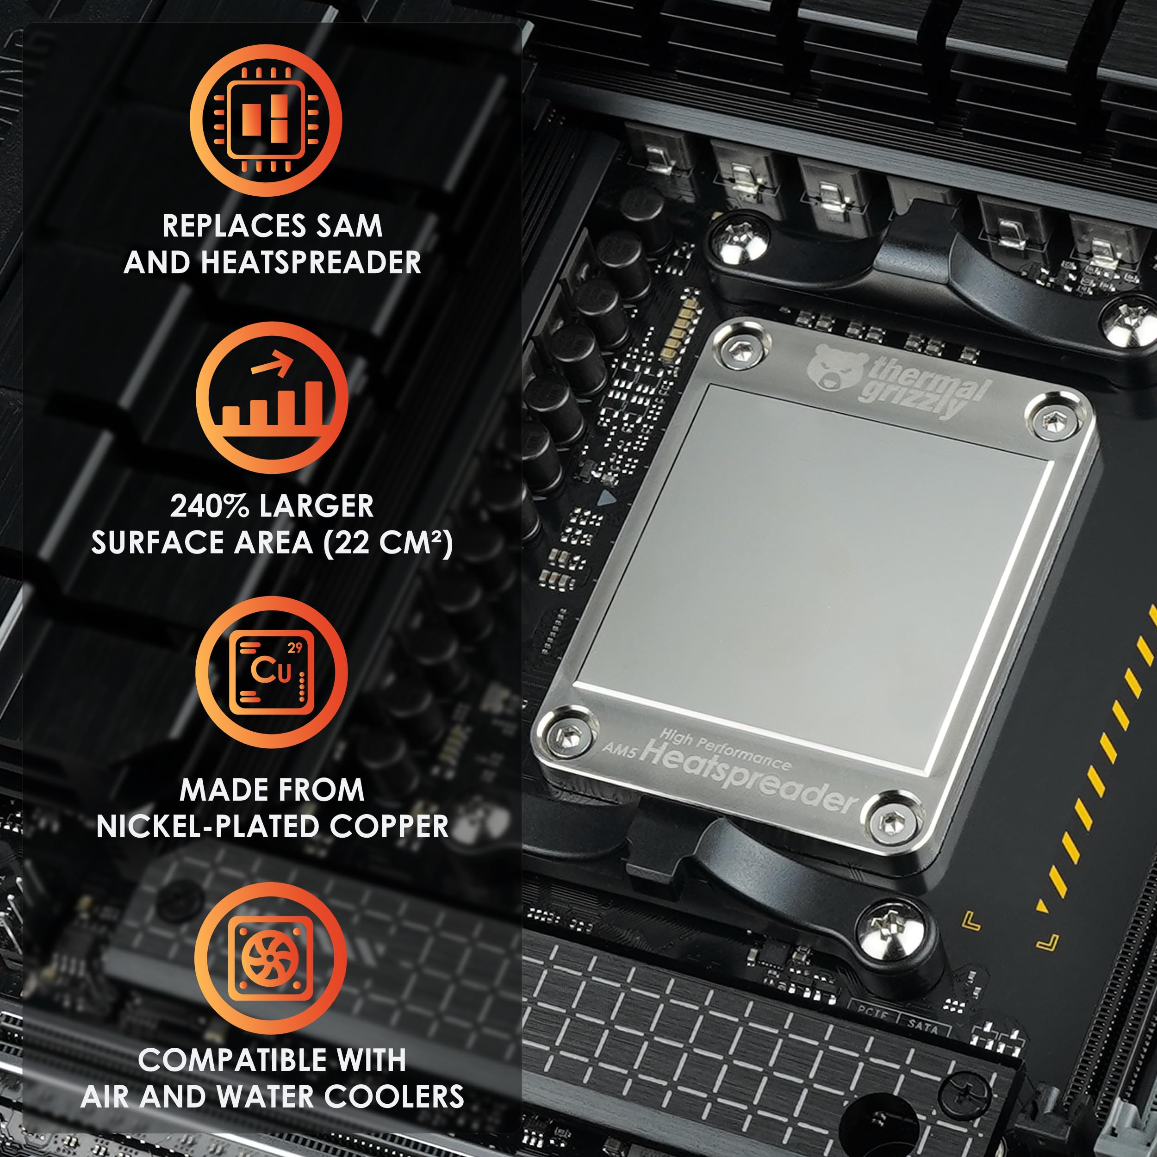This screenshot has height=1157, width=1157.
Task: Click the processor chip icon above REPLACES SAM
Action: click(266, 120)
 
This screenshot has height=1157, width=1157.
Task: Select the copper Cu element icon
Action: click(271, 672)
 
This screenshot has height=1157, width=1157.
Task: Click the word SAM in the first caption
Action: click(349, 226)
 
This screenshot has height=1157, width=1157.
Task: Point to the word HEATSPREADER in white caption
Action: click(311, 262)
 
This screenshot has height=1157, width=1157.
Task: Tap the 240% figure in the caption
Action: click(209, 506)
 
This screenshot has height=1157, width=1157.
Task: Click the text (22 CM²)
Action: click(388, 542)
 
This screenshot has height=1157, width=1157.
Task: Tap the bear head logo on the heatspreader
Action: click(837, 367)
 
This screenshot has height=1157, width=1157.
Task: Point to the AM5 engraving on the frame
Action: click(619, 748)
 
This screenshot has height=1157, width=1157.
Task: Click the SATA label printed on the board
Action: click(923, 1026)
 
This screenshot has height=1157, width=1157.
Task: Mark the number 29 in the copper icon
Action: click(295, 648)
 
